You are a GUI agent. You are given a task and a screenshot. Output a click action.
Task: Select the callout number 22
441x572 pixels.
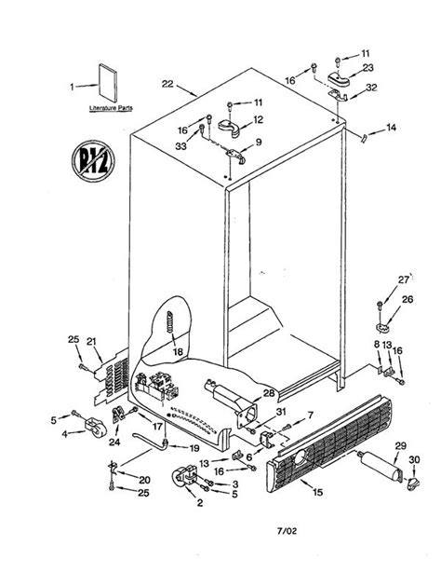coord(167,84)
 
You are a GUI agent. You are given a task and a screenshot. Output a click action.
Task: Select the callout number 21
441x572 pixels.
coord(92,344)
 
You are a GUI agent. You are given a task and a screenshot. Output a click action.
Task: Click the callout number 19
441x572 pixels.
coord(194,447)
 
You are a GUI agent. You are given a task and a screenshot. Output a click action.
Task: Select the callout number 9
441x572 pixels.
coord(259,142)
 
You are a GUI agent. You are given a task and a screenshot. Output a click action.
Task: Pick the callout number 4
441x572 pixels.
coord(64,432)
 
